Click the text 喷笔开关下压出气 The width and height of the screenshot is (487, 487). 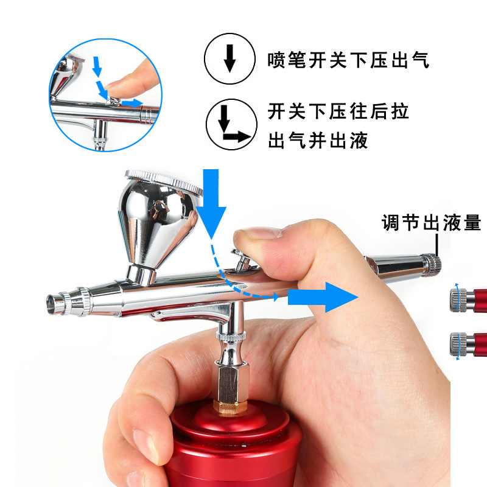coord(348,60)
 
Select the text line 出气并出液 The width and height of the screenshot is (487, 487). coord(318,141)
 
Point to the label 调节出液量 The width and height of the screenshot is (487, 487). coord(431,223)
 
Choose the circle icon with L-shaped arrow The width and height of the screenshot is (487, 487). coord(229,124)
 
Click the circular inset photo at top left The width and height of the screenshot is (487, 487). coord(105,98)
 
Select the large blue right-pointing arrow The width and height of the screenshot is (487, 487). coord(323,296)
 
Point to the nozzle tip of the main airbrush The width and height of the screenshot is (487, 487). coord(56,301)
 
